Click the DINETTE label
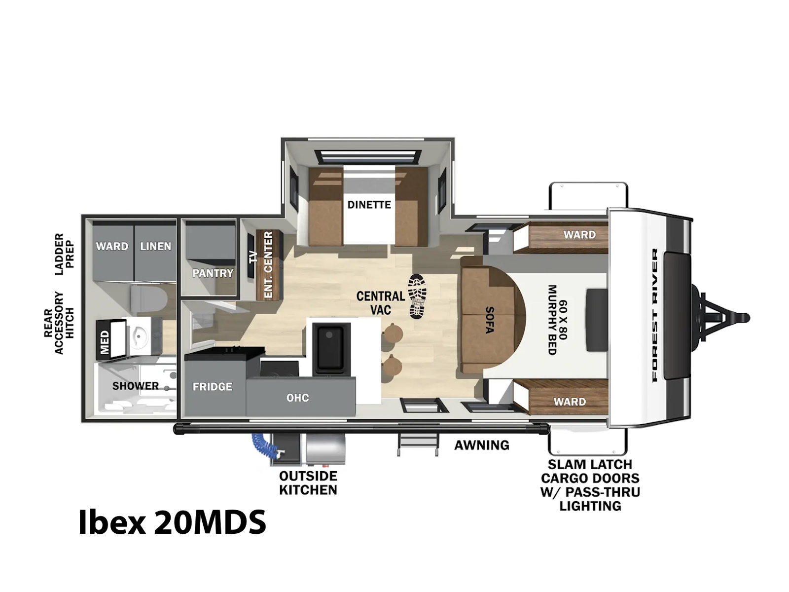click(369, 205)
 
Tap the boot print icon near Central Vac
click(417, 296)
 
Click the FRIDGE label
click(212, 387)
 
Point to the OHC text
click(298, 398)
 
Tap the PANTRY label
click(213, 273)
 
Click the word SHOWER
click(136, 386)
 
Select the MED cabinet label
click(105, 342)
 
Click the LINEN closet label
click(155, 246)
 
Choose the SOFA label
click(490, 320)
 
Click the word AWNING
click(482, 445)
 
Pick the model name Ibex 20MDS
click(172, 522)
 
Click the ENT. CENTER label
click(269, 265)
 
